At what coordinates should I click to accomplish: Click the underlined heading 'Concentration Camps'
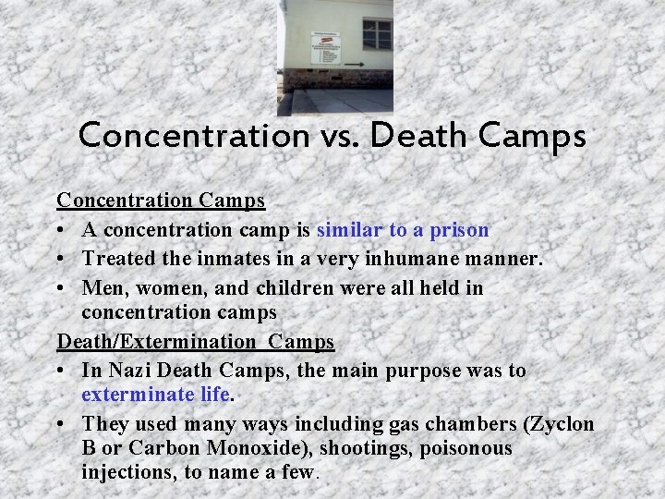[161, 200]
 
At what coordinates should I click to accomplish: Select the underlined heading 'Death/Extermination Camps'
[196, 342]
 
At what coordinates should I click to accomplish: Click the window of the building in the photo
[377, 34]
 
